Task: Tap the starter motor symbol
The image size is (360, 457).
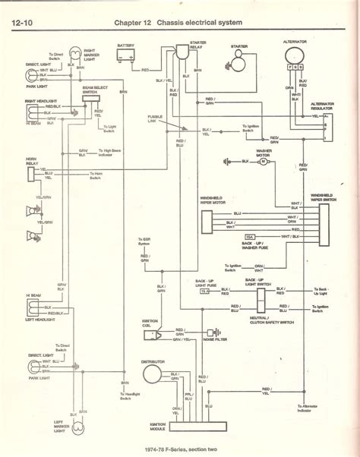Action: tap(239, 64)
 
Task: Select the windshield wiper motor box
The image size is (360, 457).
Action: tap(208, 219)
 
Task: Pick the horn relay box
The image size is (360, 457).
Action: tap(34, 174)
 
